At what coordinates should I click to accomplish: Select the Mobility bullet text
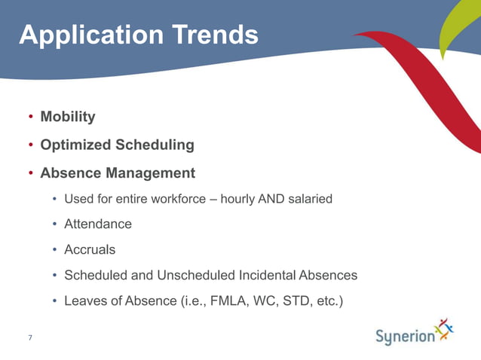(x=67, y=117)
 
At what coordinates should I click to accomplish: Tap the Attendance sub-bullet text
(x=98, y=224)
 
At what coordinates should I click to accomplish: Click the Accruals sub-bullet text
(x=90, y=249)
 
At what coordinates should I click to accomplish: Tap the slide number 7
(x=29, y=337)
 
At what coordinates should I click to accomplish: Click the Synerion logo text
(x=405, y=337)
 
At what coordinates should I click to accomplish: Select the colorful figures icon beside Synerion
(x=447, y=330)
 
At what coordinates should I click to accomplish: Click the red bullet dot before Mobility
(x=30, y=117)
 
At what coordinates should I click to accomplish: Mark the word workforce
(x=176, y=200)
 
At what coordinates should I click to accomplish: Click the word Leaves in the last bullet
(x=84, y=301)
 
